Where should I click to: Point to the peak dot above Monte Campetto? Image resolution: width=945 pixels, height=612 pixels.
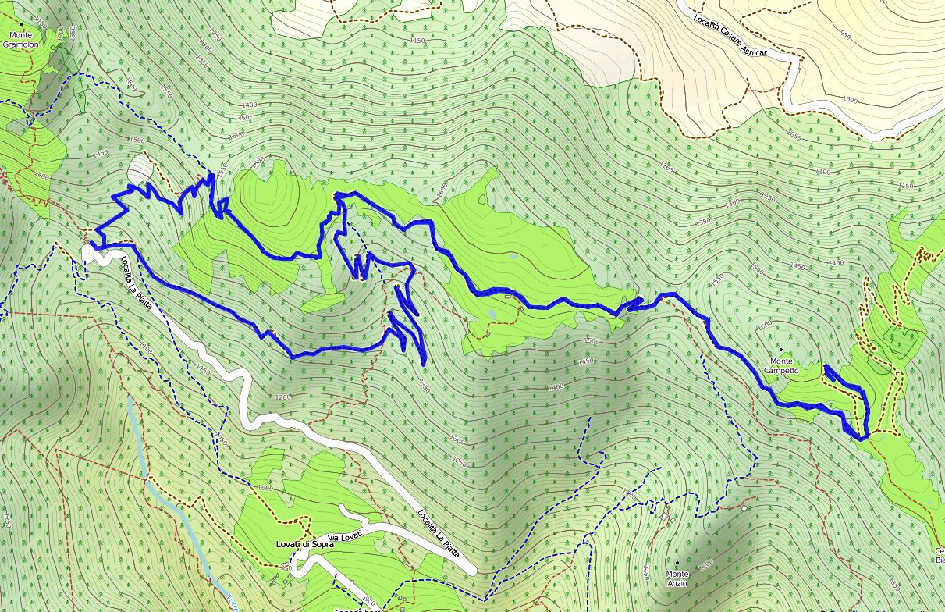(781, 350)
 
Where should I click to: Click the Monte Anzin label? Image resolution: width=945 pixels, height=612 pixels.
(677, 578)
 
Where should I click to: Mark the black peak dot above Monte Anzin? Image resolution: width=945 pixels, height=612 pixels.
(677, 562)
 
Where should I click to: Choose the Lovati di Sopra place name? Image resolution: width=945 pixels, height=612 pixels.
(304, 544)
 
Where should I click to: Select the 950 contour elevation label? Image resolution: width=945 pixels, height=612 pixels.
(844, 33)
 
